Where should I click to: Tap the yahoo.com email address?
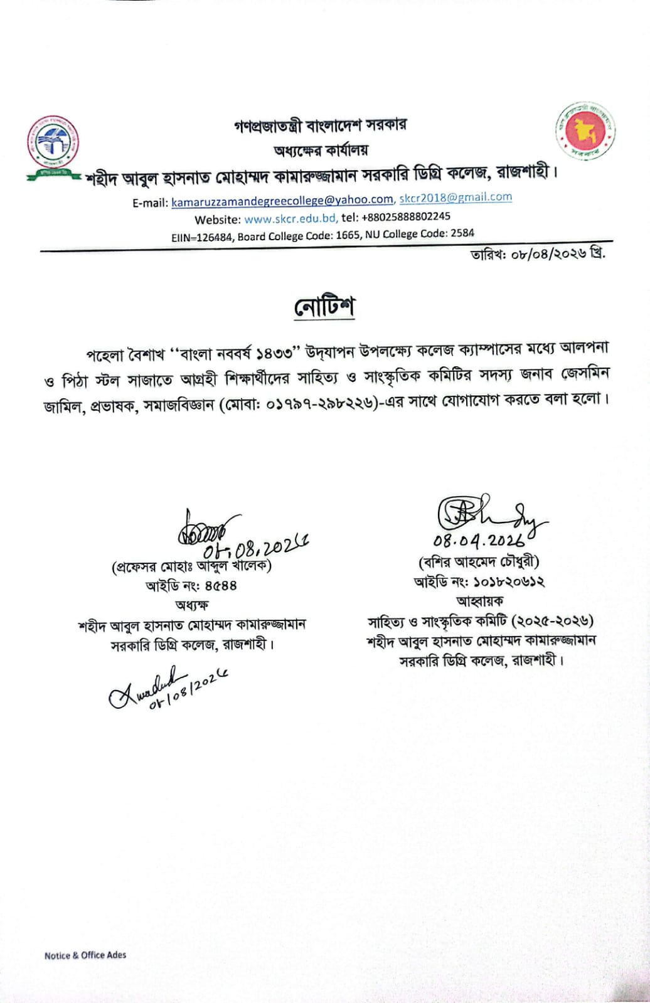point(282,200)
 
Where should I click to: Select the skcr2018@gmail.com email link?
point(456,197)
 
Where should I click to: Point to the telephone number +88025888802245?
point(405,216)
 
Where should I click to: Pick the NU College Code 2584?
point(462,232)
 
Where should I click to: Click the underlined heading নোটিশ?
point(324,307)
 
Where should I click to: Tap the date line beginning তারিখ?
point(538,254)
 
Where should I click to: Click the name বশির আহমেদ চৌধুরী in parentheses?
point(479,561)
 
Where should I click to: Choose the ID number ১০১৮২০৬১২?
point(509,581)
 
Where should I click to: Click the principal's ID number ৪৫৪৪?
point(220,586)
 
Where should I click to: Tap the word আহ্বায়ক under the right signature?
point(479,601)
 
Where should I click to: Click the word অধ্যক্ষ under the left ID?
point(191,605)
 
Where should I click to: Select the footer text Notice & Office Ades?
point(85,955)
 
